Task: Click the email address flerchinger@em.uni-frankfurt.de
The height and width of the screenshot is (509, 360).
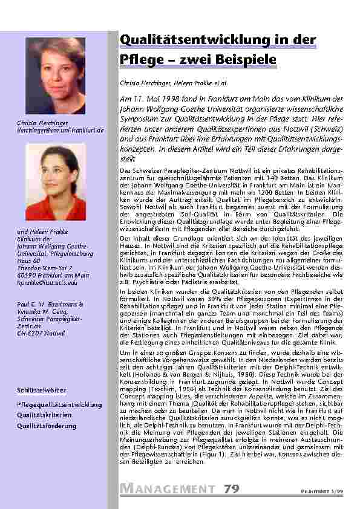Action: coord(61,130)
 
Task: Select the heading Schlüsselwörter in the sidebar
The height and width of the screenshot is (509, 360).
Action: coord(42,391)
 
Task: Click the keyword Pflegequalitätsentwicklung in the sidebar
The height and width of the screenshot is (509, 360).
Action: coord(59,404)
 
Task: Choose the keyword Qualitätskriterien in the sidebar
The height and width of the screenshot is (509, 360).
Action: coord(44,415)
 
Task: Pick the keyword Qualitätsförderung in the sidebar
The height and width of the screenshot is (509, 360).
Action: coord(47,426)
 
